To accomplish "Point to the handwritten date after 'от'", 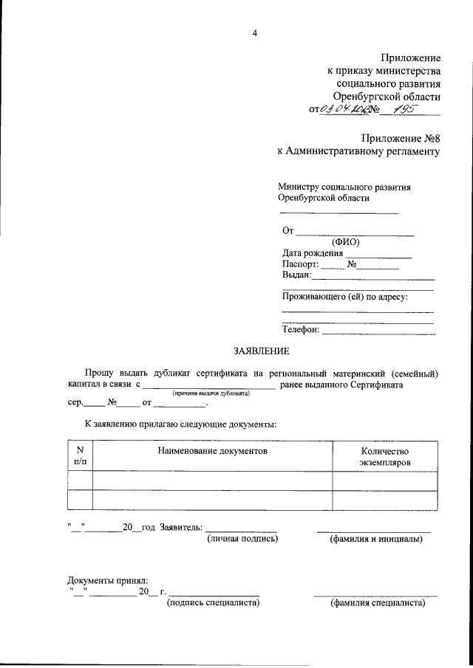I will [x=344, y=110].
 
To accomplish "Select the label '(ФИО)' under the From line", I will [x=346, y=242].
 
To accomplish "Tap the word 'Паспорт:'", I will [x=301, y=264].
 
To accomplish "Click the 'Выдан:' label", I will [x=297, y=275].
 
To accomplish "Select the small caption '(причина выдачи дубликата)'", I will [x=211, y=394].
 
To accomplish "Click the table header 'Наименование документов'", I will [x=212, y=450].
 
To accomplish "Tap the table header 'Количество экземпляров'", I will [x=384, y=456].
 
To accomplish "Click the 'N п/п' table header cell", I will [x=81, y=455].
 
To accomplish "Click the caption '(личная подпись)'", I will [x=242, y=540].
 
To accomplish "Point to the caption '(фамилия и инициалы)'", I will [x=375, y=540].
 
